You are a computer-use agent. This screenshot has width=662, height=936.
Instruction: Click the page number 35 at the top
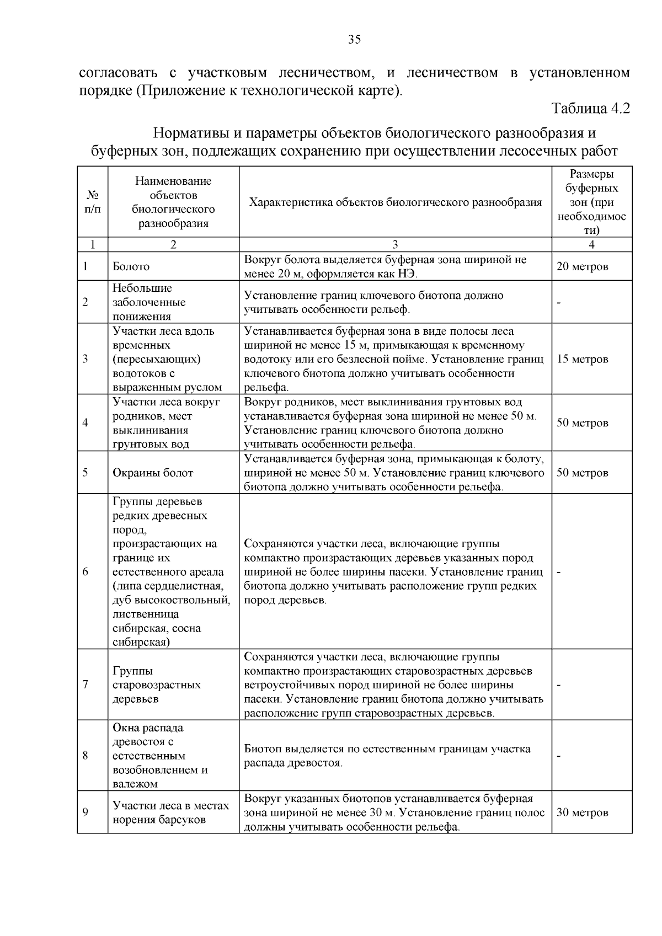pyautogui.click(x=354, y=39)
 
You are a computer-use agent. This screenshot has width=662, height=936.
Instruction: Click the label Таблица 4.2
pyautogui.click(x=590, y=108)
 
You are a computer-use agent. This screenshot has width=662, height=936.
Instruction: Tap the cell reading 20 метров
pyautogui.click(x=583, y=267)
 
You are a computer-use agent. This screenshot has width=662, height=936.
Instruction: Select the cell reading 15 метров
pyautogui.click(x=583, y=359)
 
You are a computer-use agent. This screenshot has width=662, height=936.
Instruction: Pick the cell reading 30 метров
pyautogui.click(x=583, y=812)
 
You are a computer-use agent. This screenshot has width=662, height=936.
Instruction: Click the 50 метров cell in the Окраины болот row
pyautogui.click(x=583, y=473)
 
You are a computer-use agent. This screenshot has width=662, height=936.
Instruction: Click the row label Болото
pyautogui.click(x=131, y=267)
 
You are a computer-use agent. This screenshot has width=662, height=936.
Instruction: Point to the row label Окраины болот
pyautogui.click(x=153, y=473)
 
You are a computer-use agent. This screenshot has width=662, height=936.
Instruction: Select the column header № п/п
pyautogui.click(x=93, y=202)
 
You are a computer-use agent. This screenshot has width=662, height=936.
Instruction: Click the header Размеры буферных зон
pyautogui.click(x=591, y=202)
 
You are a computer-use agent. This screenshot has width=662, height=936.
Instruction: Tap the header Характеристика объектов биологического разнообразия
pyautogui.click(x=396, y=202)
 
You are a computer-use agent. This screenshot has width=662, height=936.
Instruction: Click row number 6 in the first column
pyautogui.click(x=86, y=572)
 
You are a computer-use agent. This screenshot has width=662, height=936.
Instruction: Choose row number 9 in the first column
pyautogui.click(x=86, y=812)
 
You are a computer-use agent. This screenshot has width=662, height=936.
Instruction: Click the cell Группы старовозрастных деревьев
pyautogui.click(x=157, y=685)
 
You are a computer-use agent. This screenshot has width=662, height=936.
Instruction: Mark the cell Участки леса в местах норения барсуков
pyautogui.click(x=170, y=812)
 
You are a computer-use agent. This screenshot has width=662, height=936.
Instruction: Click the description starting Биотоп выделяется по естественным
pyautogui.click(x=387, y=756)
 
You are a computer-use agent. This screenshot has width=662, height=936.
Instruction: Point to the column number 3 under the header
pyautogui.click(x=395, y=245)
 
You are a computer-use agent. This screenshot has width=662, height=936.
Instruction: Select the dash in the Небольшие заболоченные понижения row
pyautogui.click(x=559, y=303)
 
